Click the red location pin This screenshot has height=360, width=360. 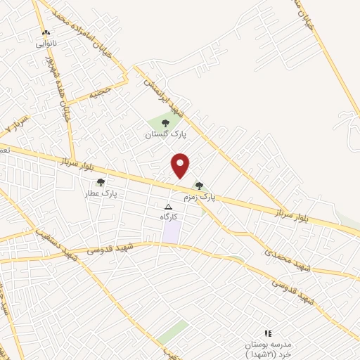click(x=181, y=165)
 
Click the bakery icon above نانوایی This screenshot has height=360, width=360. click(x=46, y=33)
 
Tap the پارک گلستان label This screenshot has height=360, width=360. click(x=163, y=133)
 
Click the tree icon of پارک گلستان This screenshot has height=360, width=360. click(x=165, y=122)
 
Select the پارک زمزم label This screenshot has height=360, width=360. click(x=199, y=198)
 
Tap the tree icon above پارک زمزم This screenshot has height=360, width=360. click(x=199, y=186)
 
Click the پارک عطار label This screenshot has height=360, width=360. click(x=101, y=193)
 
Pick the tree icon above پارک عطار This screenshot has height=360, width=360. click(x=101, y=182)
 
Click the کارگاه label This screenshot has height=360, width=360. click(x=168, y=217)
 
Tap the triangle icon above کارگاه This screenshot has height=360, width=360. click(x=168, y=207)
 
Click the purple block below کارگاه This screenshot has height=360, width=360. click(x=171, y=233)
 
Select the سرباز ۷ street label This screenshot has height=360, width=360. click(x=16, y=125)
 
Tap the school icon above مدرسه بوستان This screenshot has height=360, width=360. click(x=267, y=333)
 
